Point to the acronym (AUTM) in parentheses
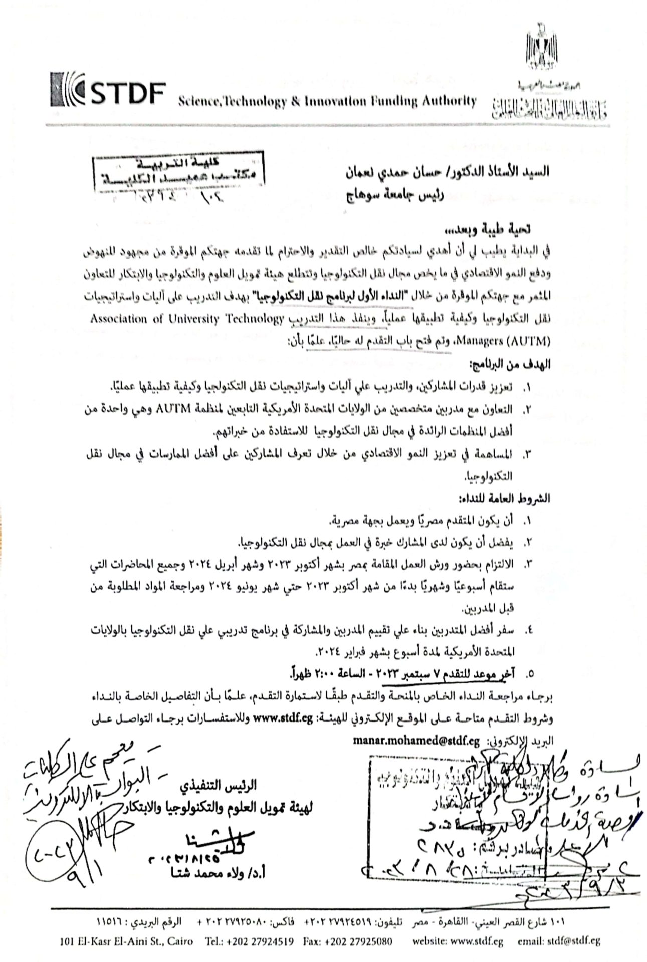point(527,341)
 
